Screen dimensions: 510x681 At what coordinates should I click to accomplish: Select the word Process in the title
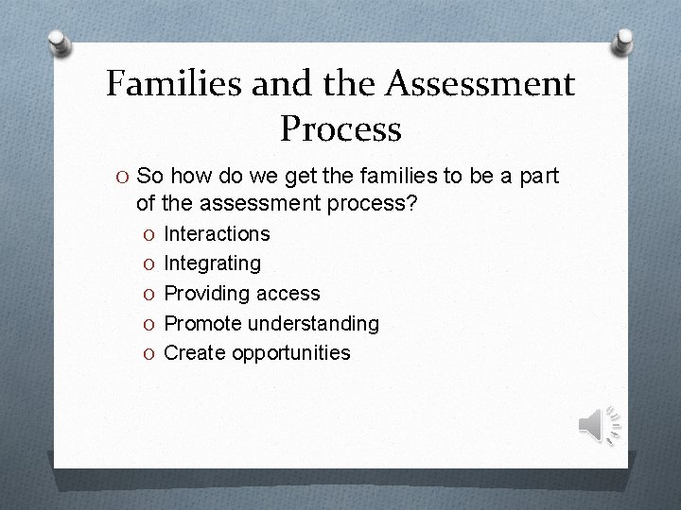pyautogui.click(x=341, y=128)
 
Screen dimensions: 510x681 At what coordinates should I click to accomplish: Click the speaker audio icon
pyautogui.click(x=598, y=425)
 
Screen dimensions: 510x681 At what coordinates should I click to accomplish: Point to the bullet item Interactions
pyautogui.click(x=217, y=233)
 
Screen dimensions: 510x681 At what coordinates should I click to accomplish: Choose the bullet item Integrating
pyautogui.click(x=213, y=263)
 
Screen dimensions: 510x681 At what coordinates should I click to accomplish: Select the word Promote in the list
pyautogui.click(x=201, y=324)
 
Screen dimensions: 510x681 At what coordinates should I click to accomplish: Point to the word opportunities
pyautogui.click(x=289, y=353)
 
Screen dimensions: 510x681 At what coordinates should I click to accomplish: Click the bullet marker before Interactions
pyautogui.click(x=149, y=233)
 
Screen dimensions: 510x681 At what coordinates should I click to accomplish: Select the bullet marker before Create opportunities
pyautogui.click(x=149, y=353)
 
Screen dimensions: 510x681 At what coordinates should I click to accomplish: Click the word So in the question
pyautogui.click(x=149, y=177)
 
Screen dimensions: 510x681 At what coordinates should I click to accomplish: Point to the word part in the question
pyautogui.click(x=537, y=177)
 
